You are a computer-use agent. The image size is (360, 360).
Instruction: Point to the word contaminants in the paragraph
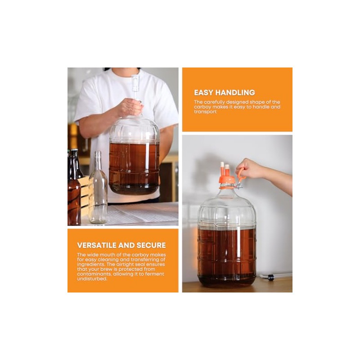tap(96, 274)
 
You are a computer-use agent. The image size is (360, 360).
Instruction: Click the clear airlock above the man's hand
tap(135, 85)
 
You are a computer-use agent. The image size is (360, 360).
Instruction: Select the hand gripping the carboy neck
tap(130, 108)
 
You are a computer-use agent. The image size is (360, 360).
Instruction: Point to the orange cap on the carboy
tap(227, 180)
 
